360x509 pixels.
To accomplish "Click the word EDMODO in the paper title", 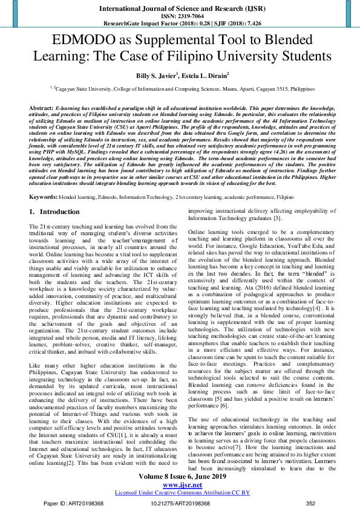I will (x=80, y=41).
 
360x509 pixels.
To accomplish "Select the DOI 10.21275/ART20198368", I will (x=180, y=502).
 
